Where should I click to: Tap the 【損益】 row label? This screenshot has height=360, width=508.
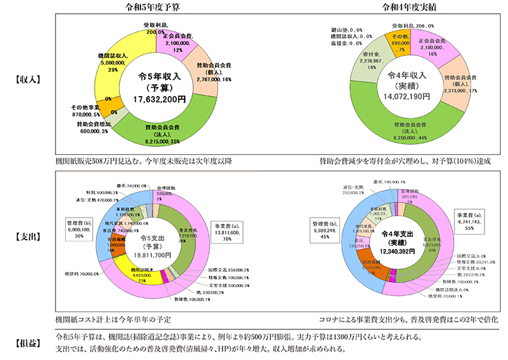pyautogui.click(x=28, y=342)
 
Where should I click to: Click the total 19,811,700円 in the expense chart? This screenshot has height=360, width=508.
pyautogui.click(x=155, y=256)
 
